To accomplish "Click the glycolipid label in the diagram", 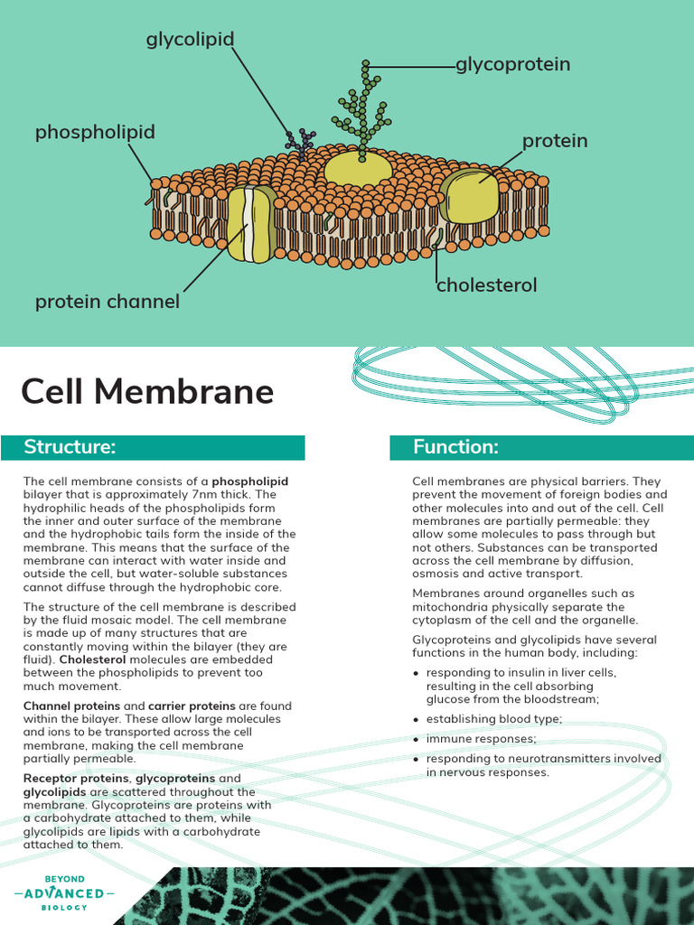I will coord(190,40).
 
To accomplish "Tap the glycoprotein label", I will coord(512,64).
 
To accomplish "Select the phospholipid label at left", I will coord(95,132).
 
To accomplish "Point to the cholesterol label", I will coord(486,285).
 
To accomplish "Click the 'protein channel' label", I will coord(107,302).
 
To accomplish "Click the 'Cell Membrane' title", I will coord(147,391).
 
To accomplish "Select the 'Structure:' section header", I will coord(70,447).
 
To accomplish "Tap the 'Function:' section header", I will coord(455,447).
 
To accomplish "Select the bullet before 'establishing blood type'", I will coord(416,720).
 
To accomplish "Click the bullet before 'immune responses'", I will coord(416,740).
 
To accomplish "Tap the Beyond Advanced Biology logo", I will coord(64,892).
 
